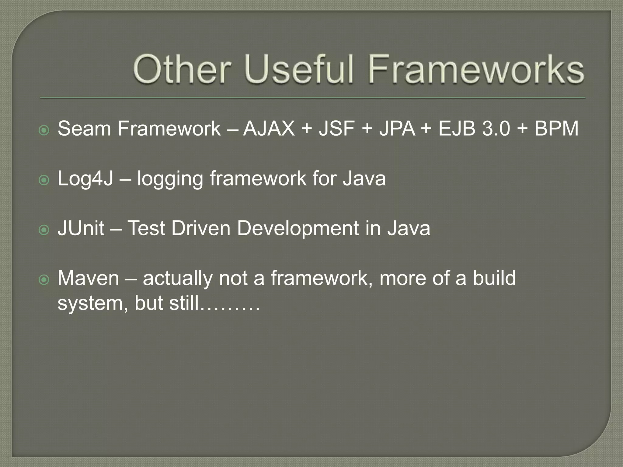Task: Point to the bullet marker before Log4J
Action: [x=44, y=181]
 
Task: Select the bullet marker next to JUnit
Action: [x=44, y=230]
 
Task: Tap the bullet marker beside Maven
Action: [x=44, y=280]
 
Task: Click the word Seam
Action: [x=84, y=129]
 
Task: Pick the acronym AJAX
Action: [x=269, y=129]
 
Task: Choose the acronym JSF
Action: [x=336, y=129]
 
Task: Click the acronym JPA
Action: [x=397, y=129]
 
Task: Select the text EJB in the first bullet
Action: [x=457, y=129]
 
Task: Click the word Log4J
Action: [x=85, y=178]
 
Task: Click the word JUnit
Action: [x=81, y=228]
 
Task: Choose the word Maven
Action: [x=88, y=278]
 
